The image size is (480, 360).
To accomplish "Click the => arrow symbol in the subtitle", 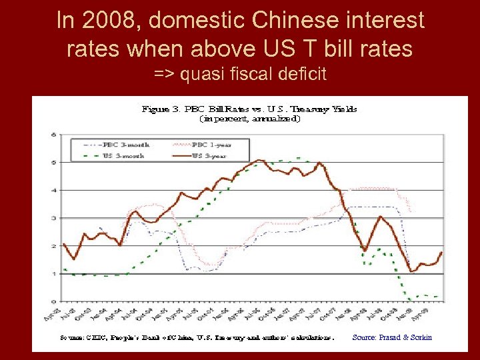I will (x=163, y=74).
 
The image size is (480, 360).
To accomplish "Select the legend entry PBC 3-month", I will (x=127, y=144).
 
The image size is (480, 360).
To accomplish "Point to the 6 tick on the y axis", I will (x=53, y=134).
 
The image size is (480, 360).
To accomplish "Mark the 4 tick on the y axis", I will (x=53, y=190).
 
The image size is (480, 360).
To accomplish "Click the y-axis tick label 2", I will (x=53, y=246).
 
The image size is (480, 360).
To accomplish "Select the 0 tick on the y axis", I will (x=53, y=301).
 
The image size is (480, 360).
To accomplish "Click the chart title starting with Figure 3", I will (x=249, y=109).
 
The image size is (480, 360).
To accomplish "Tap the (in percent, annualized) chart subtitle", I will (x=249, y=119).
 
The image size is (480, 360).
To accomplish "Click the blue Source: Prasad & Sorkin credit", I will (x=392, y=337).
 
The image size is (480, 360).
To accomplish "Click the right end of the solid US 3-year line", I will (x=441, y=253).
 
